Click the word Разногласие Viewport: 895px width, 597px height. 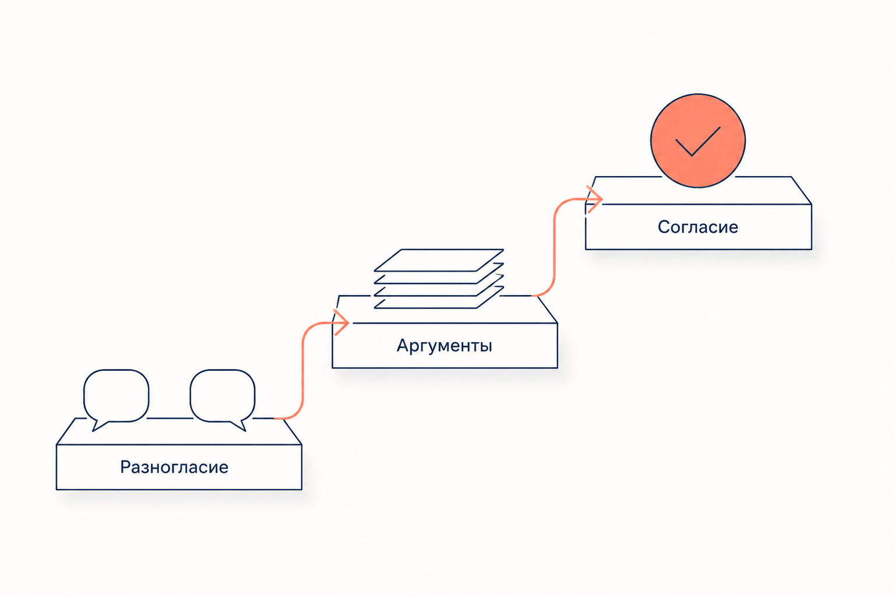pos(174,467)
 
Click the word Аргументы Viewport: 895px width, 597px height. pos(445,346)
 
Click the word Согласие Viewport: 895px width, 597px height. pos(697,227)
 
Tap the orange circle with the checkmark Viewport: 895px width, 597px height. pos(697,141)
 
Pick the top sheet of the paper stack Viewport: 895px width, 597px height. pos(439,260)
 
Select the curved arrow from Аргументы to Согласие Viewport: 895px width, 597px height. pos(554,248)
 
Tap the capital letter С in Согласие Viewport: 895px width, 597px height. pos(664,227)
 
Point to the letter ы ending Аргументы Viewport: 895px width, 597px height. pos(486,347)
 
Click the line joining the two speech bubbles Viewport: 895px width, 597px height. pos(170,418)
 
